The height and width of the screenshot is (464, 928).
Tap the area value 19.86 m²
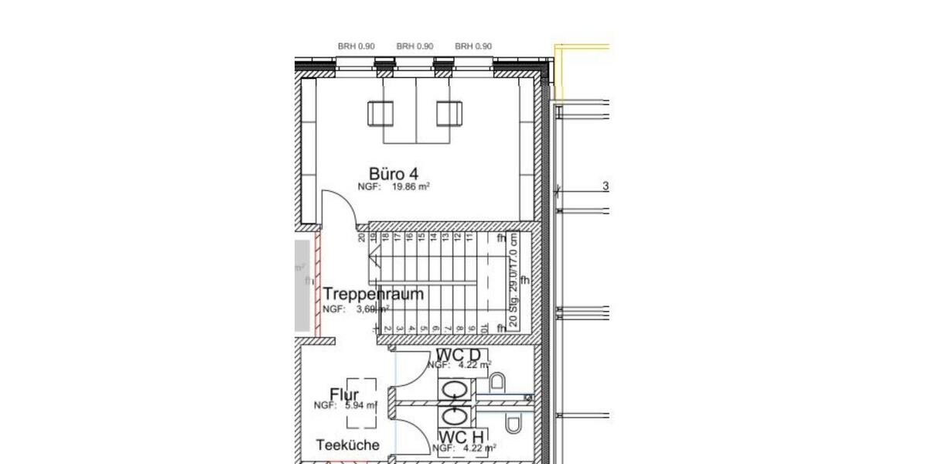410,187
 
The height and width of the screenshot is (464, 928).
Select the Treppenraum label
374,294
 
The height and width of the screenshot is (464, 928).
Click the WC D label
458,354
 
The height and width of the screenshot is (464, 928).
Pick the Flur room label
344,395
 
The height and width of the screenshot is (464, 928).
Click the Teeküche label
348,445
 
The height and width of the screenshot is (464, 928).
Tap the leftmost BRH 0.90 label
356,46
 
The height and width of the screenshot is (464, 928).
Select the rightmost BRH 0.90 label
473,46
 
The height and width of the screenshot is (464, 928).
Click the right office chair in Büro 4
449,114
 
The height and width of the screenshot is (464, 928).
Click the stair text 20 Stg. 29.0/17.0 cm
514,283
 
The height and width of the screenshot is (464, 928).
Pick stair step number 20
362,238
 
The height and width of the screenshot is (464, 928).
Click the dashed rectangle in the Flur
361,402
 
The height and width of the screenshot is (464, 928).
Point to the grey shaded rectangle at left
301,287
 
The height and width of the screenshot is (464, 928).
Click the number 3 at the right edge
606,186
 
